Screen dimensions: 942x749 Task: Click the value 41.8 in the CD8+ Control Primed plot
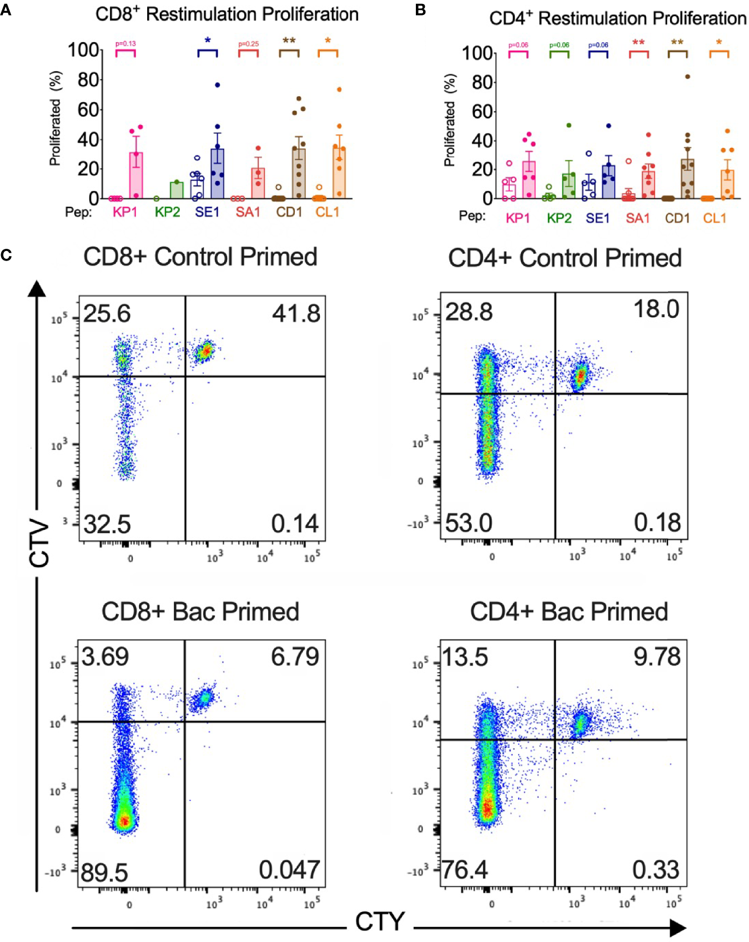(x=296, y=314)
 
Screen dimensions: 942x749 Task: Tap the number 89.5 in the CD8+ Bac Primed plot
(x=104, y=873)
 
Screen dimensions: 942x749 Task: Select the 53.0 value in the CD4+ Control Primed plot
(x=469, y=523)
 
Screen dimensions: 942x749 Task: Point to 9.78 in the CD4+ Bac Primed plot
(x=657, y=657)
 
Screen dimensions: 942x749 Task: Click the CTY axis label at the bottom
(x=380, y=921)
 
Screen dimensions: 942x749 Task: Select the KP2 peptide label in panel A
(x=167, y=212)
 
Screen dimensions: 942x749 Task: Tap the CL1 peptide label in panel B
(x=715, y=218)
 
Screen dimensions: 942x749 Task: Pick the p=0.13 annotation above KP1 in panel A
(x=125, y=43)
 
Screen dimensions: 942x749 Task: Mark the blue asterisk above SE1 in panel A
(x=208, y=41)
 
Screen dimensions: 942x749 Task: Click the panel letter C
(x=6, y=255)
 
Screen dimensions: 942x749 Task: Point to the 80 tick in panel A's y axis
(x=88, y=80)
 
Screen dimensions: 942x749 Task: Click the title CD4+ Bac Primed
(x=569, y=612)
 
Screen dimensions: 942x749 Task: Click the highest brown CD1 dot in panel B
(x=687, y=77)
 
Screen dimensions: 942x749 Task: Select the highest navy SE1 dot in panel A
(x=218, y=85)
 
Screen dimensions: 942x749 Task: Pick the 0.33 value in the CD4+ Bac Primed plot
(x=656, y=870)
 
